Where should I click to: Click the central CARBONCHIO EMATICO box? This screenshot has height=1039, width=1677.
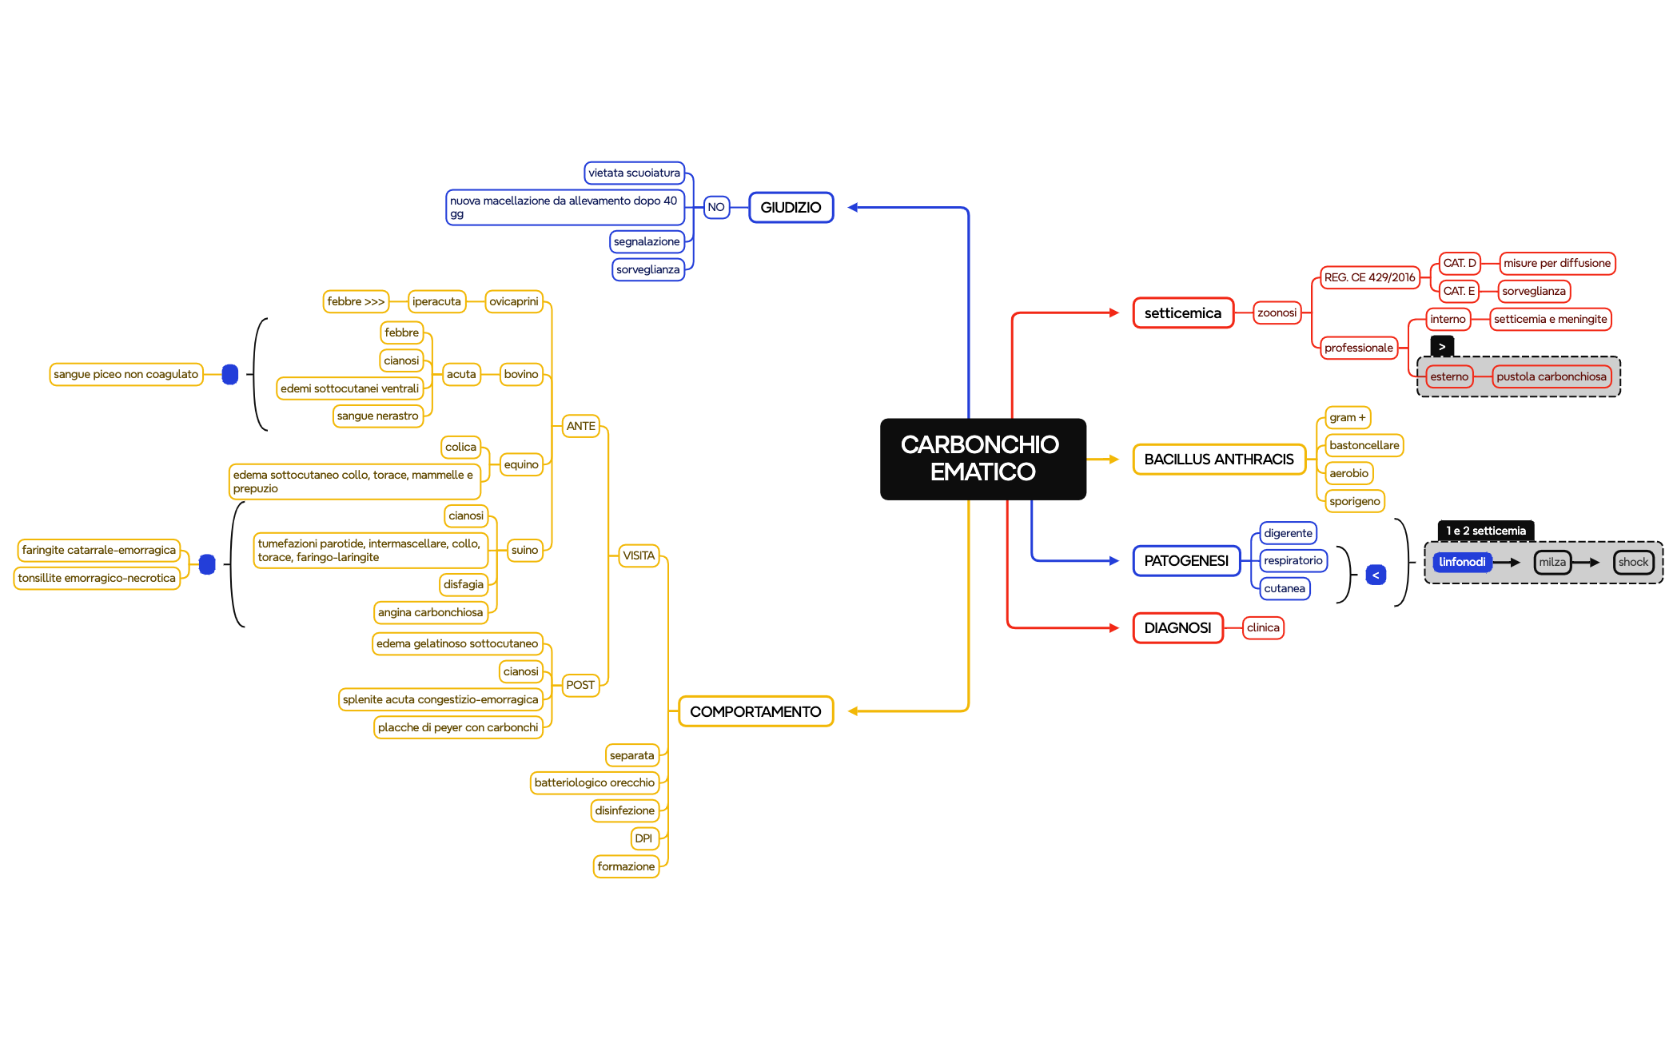pos(982,459)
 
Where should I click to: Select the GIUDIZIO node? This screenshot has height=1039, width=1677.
pos(791,208)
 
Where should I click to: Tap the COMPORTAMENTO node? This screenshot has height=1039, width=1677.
pos(755,711)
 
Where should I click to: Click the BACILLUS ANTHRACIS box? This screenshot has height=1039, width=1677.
pos(1218,460)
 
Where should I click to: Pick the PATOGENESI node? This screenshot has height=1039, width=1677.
pos(1186,561)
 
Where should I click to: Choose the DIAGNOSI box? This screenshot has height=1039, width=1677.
pos(1177,628)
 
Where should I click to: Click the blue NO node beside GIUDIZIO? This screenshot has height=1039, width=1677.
pos(716,208)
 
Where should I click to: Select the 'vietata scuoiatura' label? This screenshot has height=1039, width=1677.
pos(635,173)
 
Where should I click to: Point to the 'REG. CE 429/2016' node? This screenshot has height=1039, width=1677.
pos(1369,277)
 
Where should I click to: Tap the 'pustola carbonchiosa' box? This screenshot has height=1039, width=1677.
pos(1551,376)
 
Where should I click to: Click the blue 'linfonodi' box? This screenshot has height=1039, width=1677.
pos(1462,562)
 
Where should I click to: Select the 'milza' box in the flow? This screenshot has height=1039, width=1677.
pos(1552,562)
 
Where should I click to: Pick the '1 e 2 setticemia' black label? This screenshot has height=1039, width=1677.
pos(1486,531)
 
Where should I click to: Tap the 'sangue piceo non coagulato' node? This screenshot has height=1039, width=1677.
pos(126,374)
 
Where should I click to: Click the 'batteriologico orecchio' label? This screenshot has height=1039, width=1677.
pos(595,783)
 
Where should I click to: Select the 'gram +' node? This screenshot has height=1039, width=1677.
pos(1348,418)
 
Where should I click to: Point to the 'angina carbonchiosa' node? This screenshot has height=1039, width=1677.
pos(431,613)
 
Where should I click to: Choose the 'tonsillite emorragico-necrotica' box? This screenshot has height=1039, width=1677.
pos(97,579)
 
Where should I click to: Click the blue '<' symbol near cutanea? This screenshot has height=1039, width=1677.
pos(1376,575)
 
